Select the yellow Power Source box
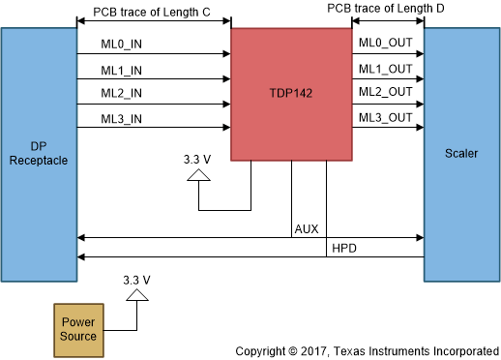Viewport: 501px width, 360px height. coord(79,328)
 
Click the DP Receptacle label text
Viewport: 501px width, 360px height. coord(39,153)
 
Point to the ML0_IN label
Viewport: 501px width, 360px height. coord(122,44)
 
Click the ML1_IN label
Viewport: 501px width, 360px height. coord(122,69)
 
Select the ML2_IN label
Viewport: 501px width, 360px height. coord(122,94)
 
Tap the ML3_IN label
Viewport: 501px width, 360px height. coord(122,119)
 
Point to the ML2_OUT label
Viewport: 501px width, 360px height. coord(386,93)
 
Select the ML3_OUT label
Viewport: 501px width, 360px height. coord(386,118)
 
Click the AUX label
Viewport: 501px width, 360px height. coord(307,229)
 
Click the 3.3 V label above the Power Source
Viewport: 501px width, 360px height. coord(137,281)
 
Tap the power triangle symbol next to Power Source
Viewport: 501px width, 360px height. coord(137,295)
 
